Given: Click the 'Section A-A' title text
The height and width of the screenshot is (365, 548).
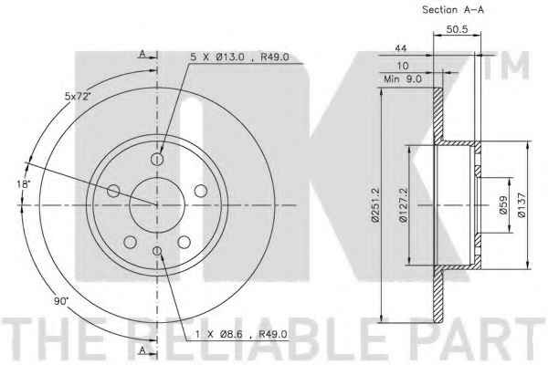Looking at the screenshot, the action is point(453,10).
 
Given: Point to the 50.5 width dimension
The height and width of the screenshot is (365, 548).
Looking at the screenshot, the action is point(457,29).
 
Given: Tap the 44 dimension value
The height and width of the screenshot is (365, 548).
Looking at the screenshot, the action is point(401,48).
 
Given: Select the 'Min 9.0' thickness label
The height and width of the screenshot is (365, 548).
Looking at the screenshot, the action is point(403,79).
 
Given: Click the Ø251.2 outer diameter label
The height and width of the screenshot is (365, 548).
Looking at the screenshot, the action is point(375,204).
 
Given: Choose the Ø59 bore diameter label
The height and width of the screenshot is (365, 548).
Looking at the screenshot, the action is point(503,205).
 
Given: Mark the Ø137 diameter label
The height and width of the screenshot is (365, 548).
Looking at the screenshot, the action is point(522,205).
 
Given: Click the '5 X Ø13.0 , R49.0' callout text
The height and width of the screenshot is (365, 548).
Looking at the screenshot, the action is point(239,57).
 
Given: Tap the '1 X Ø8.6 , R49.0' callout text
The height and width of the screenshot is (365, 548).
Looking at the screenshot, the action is point(241,334).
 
